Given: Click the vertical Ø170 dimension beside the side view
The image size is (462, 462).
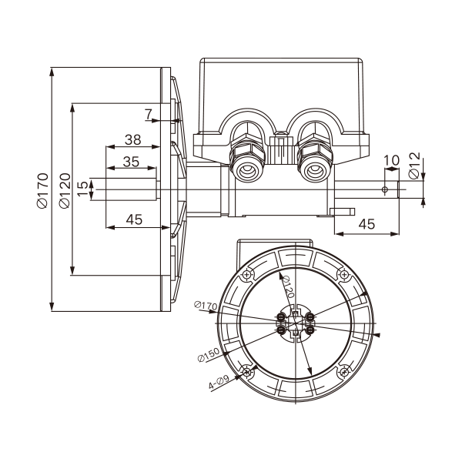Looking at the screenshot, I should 42,189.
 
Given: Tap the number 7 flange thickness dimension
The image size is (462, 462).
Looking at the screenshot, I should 148,115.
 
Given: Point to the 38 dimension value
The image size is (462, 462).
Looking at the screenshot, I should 133,140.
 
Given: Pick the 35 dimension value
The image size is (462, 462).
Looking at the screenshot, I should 131,162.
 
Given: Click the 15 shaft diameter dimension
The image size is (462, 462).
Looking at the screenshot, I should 83,189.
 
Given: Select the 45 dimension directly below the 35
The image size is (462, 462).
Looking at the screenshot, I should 134,219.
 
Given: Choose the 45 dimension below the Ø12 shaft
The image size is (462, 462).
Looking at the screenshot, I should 367,224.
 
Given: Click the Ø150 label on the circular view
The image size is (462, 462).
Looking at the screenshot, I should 207,356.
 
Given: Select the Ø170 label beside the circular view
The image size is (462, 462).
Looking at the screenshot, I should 206,307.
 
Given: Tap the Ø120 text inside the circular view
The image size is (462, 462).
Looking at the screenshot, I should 288,287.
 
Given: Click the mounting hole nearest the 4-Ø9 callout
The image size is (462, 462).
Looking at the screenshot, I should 246,373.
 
